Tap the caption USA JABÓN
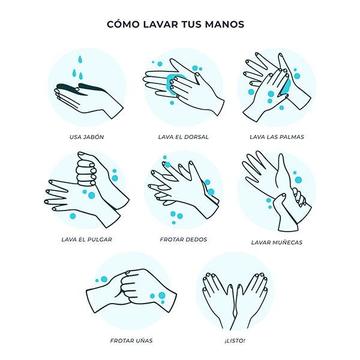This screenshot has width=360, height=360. pos(86,137)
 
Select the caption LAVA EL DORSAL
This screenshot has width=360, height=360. pos(183,137)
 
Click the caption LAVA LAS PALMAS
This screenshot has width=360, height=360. pos(277,137)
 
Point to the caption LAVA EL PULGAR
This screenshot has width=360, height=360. pos(86,239)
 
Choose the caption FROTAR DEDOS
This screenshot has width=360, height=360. pos(183,239)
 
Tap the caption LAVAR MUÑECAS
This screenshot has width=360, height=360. pos(277,243)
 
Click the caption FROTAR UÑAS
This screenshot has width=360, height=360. pos(131,341)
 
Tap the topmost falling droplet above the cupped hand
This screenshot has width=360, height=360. pos(79,60)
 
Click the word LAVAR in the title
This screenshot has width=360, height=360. pos(158,25)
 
